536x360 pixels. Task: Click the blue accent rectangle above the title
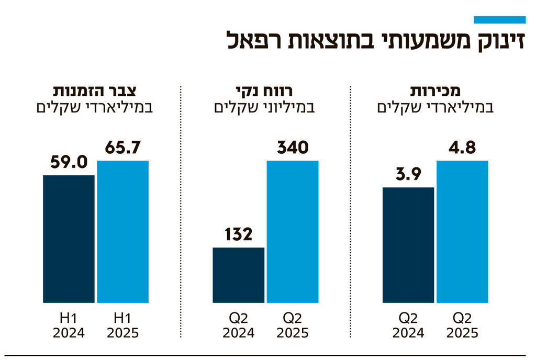[499, 20]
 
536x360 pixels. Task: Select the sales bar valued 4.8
[462, 231]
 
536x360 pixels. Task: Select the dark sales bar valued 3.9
[408, 245]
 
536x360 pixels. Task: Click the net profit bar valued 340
[293, 231]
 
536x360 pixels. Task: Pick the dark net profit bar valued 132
[238, 275]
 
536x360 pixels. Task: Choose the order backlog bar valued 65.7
[123, 231]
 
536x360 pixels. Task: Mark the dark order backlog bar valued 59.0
[69, 239]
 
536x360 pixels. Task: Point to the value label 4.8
[462, 148]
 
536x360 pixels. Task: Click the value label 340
[293, 148]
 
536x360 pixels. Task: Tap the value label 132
[238, 234]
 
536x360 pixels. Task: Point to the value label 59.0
[69, 162]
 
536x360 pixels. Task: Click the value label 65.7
[123, 148]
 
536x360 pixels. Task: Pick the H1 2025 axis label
[123, 325]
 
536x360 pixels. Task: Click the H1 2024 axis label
[69, 325]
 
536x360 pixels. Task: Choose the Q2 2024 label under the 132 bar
[238, 325]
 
